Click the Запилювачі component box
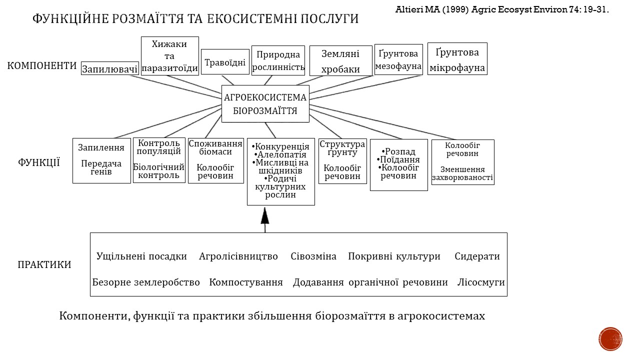110,68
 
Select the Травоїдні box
225,61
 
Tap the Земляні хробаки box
341,61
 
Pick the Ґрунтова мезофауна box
398,59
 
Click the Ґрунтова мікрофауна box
457,59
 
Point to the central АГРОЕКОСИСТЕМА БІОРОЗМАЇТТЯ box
265,103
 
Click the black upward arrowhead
265,216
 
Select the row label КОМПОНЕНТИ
42,65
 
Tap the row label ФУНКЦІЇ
39,162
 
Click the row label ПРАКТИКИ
44,264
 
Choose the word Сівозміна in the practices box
313,256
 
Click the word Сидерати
477,256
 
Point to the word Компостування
246,282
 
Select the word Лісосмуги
481,282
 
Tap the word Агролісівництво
238,256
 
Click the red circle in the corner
610,339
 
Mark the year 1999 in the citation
452,9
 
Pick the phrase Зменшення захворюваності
462,173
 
